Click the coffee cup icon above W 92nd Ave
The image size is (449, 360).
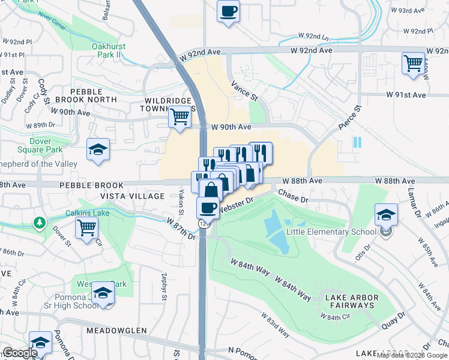228,11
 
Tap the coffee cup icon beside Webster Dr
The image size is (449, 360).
208,208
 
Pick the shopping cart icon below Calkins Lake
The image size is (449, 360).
87,227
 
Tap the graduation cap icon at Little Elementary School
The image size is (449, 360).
386,214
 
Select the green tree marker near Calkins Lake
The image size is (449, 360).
40,223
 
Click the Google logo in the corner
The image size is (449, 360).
20,353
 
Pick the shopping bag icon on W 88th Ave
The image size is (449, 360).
211,189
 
